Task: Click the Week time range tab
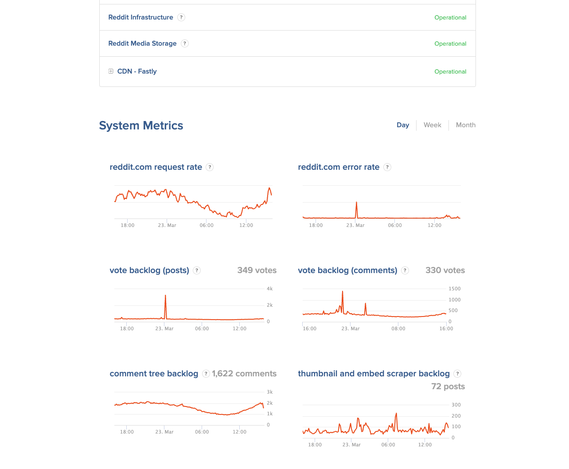tap(432, 125)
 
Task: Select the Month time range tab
tap(465, 125)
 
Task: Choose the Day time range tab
tap(402, 125)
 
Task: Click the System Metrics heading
tap(141, 126)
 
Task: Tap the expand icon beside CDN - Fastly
tap(111, 71)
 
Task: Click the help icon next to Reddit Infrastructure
tap(181, 17)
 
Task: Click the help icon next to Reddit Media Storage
tap(185, 43)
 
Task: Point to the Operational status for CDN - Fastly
tap(450, 71)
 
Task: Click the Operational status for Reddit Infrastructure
tap(450, 18)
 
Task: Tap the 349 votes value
tap(257, 270)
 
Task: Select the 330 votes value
tap(445, 270)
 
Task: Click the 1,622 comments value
tap(244, 374)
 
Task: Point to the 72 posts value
tap(448, 387)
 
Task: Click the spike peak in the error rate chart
tap(356, 203)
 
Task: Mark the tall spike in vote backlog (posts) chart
tap(165, 296)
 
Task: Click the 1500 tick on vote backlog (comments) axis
tap(454, 289)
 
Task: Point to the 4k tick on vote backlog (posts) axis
tap(269, 289)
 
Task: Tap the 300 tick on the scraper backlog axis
tap(456, 405)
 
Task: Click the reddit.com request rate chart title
tap(156, 167)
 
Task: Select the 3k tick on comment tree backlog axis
tap(269, 392)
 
